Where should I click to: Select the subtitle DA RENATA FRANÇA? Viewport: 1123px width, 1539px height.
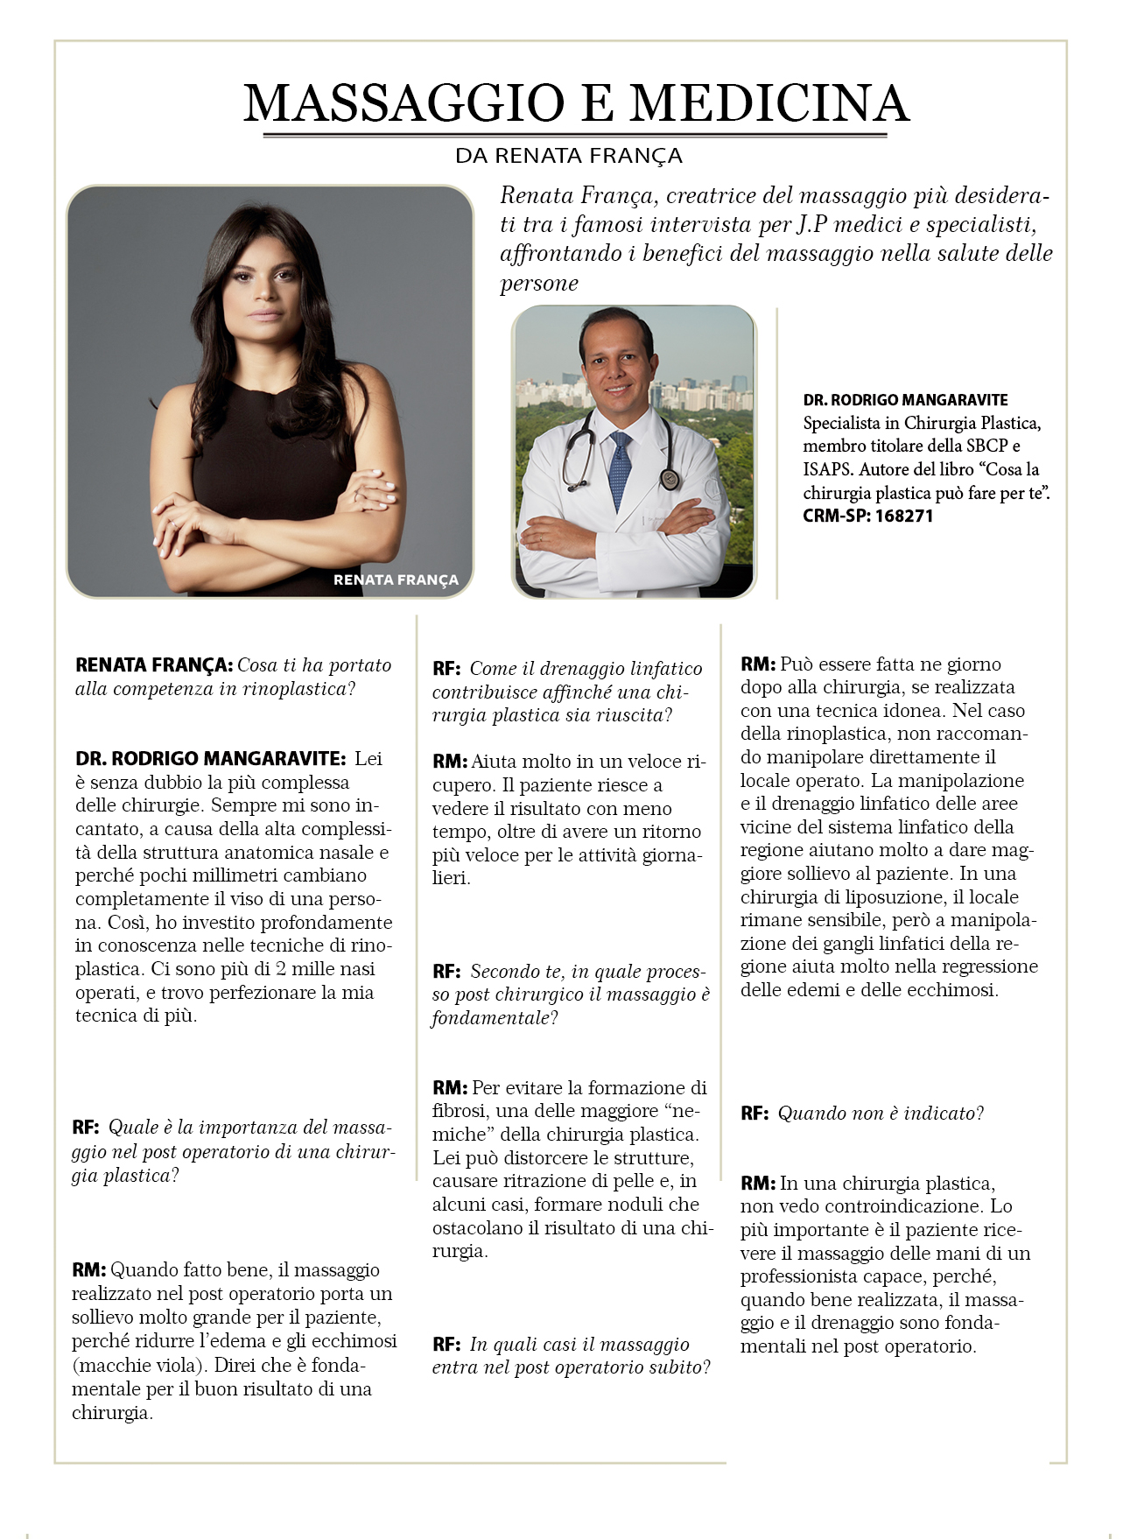pyautogui.click(x=568, y=156)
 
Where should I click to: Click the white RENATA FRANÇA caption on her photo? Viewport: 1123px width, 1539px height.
pyautogui.click(x=396, y=580)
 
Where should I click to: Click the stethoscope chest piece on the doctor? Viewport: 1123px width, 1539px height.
pyautogui.click(x=670, y=479)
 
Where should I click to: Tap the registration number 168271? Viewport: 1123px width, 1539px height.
pyautogui.click(x=905, y=516)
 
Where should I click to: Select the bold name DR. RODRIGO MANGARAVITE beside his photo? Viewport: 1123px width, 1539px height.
pyautogui.click(x=905, y=400)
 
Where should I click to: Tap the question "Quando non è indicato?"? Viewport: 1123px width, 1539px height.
pyautogui.click(x=881, y=1114)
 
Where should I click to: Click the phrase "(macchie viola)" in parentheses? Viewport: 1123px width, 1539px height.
pyautogui.click(x=140, y=1366)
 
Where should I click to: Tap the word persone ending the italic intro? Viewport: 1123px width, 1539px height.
pyautogui.click(x=539, y=284)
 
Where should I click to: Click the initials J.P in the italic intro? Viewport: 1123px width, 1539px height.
pyautogui.click(x=812, y=225)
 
